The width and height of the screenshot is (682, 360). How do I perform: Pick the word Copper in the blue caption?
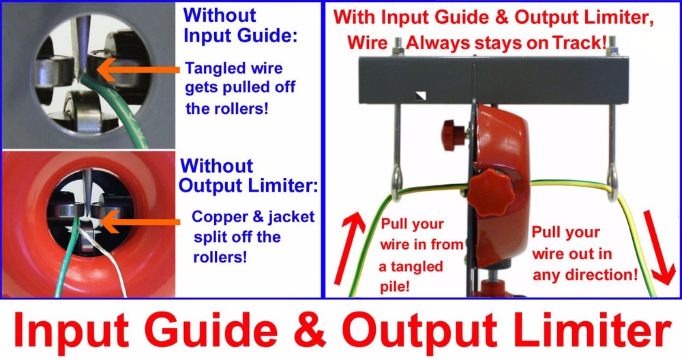(x=219, y=217)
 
